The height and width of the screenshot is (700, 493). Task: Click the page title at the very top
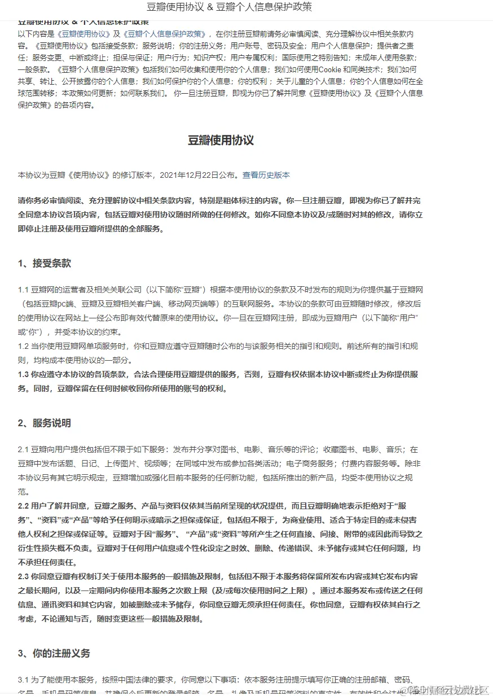(x=229, y=7)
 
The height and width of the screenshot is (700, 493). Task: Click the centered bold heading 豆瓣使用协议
(x=221, y=141)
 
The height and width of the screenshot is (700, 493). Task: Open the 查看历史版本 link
(x=266, y=175)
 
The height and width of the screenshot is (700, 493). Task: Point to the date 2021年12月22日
(x=188, y=175)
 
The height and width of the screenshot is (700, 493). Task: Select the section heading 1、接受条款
(x=45, y=264)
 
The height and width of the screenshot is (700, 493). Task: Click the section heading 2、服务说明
(x=45, y=423)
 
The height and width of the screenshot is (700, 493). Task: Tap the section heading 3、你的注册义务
(x=54, y=654)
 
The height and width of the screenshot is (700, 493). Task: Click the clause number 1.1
(x=23, y=290)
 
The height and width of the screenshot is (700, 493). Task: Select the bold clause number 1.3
(x=23, y=374)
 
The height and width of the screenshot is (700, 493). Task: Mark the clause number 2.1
(x=23, y=449)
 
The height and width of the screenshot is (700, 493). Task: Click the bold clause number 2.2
(x=23, y=506)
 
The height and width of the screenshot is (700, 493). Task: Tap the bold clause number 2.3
(x=23, y=576)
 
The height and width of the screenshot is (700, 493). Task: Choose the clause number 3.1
(x=23, y=680)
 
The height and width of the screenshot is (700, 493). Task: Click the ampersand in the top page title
(x=209, y=7)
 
